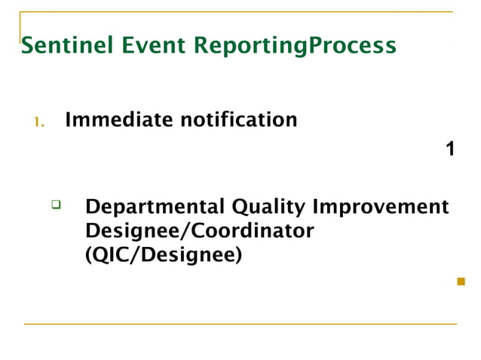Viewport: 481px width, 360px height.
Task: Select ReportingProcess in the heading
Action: (x=295, y=47)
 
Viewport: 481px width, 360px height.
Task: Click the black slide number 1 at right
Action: (x=450, y=149)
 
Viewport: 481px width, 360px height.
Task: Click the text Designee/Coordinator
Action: (x=199, y=231)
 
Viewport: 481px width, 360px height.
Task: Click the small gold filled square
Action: (x=461, y=282)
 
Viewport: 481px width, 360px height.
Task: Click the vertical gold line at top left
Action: (x=20, y=26)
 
